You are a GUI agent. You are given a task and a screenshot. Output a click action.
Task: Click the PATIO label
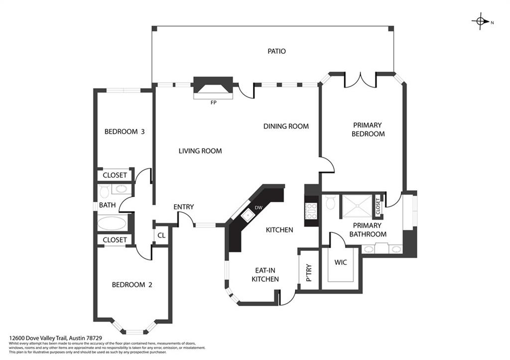[276, 51]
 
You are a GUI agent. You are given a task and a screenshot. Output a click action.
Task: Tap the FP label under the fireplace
[214, 103]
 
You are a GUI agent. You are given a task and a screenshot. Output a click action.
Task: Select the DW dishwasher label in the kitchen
[258, 207]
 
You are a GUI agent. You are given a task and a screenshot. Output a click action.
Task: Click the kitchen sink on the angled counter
[247, 215]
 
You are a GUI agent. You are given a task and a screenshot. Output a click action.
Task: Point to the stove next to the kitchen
[311, 212]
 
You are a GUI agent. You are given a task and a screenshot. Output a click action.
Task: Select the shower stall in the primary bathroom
[356, 206]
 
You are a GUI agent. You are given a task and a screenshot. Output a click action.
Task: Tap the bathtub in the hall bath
[112, 223]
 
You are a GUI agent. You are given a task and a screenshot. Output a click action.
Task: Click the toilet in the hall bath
[104, 191]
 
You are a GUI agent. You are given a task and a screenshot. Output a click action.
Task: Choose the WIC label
[341, 261]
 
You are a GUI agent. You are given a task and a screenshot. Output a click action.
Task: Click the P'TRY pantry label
[308, 273]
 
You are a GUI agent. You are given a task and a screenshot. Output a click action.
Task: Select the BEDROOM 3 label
[124, 132]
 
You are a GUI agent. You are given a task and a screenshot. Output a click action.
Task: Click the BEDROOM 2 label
[131, 285]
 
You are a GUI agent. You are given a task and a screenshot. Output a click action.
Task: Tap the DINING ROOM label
[286, 126]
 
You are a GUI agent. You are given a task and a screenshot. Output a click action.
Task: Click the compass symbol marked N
[481, 21]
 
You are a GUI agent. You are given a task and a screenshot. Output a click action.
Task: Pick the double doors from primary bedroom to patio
[361, 80]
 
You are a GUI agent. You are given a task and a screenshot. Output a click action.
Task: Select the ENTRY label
[183, 207]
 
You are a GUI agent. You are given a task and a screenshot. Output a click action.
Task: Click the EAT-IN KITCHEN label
[264, 274]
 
